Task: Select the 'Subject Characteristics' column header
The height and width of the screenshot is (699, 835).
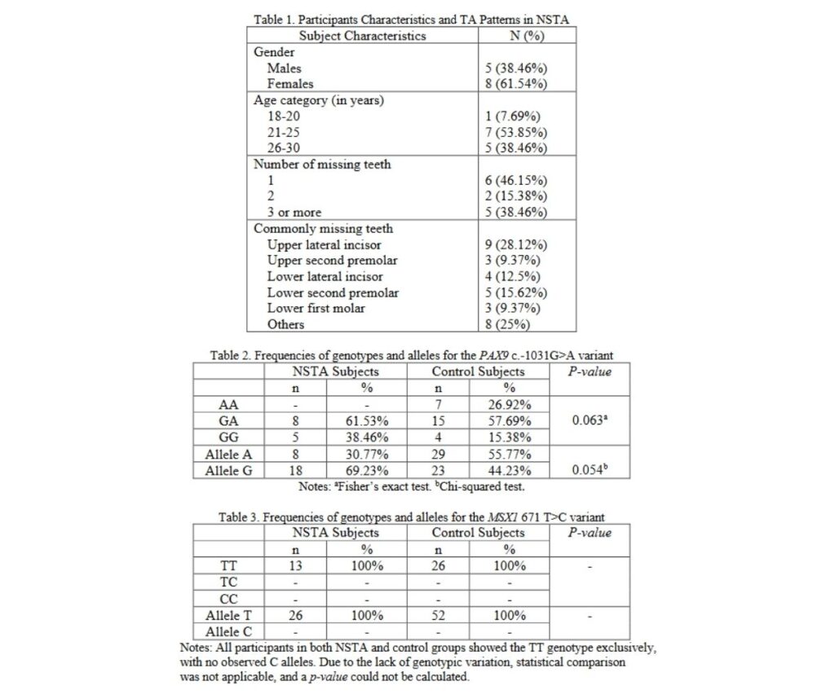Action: pyautogui.click(x=362, y=35)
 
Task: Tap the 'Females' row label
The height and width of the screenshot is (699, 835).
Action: pyautogui.click(x=289, y=83)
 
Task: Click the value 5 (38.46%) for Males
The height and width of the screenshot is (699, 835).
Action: pyautogui.click(x=515, y=68)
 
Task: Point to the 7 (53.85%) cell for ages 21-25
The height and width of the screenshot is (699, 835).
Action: pyautogui.click(x=515, y=132)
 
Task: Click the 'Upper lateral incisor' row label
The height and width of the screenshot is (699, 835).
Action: pyautogui.click(x=324, y=244)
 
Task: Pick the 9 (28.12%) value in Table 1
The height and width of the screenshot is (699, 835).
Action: pyautogui.click(x=515, y=244)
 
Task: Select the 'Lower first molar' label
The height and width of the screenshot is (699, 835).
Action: pyautogui.click(x=316, y=308)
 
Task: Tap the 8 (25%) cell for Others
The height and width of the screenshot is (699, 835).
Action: pyautogui.click(x=508, y=324)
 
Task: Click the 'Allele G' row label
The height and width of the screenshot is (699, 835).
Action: pyautogui.click(x=228, y=470)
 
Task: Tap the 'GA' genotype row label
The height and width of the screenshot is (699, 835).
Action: pyautogui.click(x=228, y=421)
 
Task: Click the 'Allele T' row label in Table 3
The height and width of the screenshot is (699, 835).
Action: pyautogui.click(x=228, y=616)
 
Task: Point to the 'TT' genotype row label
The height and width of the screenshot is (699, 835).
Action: pyautogui.click(x=228, y=566)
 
